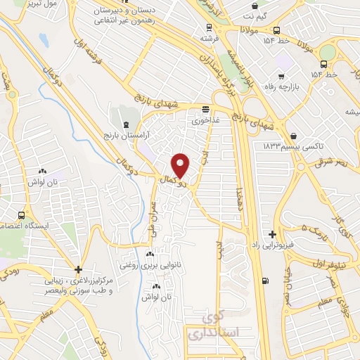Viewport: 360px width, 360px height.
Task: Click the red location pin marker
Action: tap(181, 165)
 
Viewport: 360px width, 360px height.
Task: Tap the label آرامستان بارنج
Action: tap(122, 134)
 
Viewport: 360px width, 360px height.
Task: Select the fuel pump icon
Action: tap(264, 282)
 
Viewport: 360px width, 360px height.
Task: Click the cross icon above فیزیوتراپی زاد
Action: tap(272, 234)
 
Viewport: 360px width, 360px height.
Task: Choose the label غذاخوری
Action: tap(206, 120)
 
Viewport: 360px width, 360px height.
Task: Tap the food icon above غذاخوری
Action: tap(205, 110)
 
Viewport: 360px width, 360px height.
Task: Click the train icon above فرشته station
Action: tap(208, 27)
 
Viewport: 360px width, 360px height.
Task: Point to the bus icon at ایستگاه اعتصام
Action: tap(22, 215)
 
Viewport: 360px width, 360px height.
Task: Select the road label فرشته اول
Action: tap(89, 53)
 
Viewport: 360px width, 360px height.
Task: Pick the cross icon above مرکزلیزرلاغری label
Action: tap(79, 269)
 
